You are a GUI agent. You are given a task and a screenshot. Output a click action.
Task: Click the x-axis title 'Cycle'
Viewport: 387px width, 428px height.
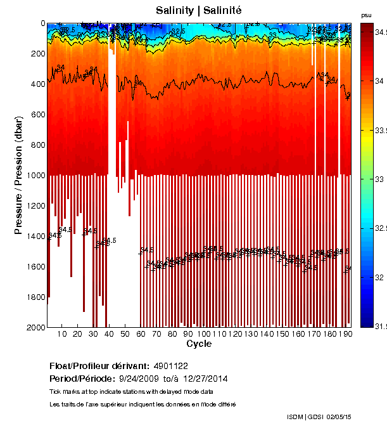pyautogui.click(x=199, y=344)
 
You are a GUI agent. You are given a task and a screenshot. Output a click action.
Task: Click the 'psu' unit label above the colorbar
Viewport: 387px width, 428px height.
pyautogui.click(x=366, y=15)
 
